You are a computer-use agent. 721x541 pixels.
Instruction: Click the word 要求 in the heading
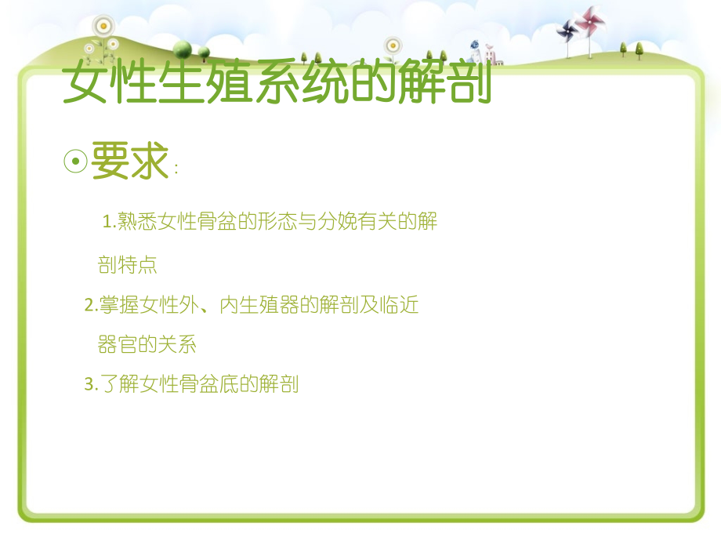click(x=130, y=162)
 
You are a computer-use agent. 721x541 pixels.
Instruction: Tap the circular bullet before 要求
click(x=74, y=162)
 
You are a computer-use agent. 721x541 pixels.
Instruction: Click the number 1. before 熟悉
click(x=109, y=223)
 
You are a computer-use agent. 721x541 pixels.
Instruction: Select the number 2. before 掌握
click(x=90, y=306)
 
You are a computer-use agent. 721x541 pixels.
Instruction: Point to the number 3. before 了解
click(x=90, y=385)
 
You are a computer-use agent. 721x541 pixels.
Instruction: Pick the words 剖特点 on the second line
click(x=128, y=265)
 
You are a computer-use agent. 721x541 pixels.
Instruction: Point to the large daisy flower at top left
click(x=102, y=26)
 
